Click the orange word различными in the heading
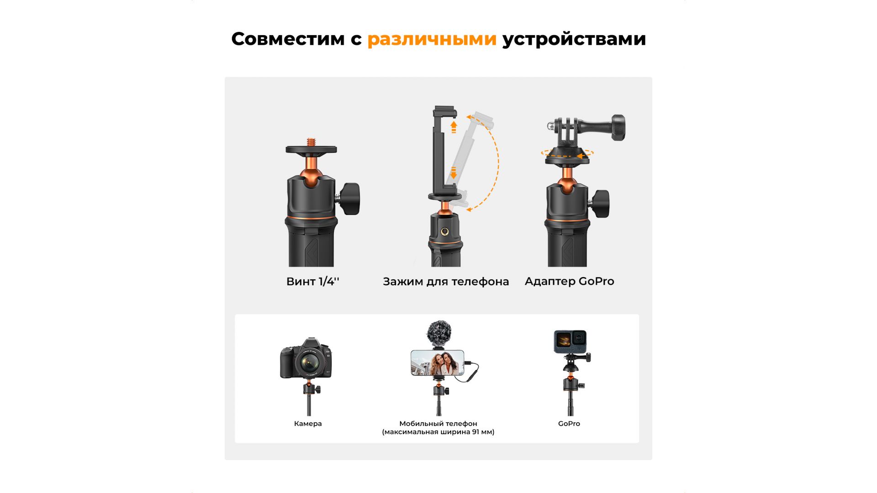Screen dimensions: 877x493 (x=432, y=40)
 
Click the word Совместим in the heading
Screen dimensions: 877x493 (x=288, y=39)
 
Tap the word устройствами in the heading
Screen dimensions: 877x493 (x=574, y=40)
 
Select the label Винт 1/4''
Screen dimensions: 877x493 (x=313, y=281)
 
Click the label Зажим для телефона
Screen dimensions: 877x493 (x=446, y=282)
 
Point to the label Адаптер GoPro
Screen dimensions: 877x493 (x=569, y=281)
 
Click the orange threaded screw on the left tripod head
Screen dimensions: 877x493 (x=312, y=142)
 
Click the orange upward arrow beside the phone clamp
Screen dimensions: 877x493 (x=454, y=126)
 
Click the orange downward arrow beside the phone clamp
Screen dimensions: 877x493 (x=454, y=173)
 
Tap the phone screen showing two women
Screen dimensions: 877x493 (x=438, y=363)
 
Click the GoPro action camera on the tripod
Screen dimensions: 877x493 (x=570, y=341)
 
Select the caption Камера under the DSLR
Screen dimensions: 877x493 (x=308, y=424)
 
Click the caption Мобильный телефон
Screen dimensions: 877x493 (x=438, y=424)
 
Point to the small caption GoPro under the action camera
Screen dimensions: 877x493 (x=569, y=424)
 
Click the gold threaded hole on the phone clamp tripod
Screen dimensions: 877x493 (x=444, y=232)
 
